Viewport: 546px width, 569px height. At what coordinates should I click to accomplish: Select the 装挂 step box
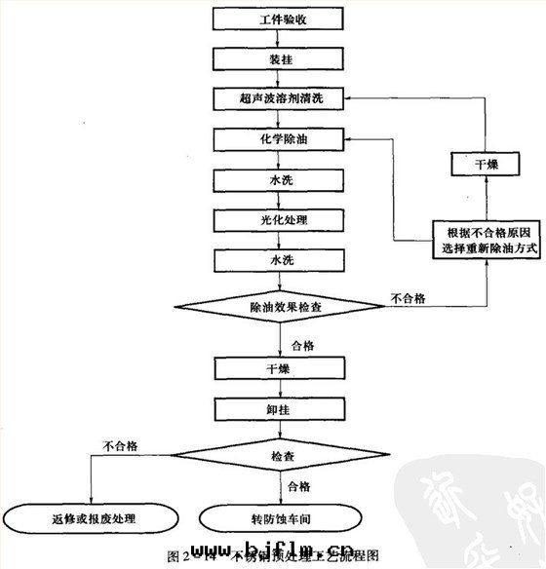click(276, 57)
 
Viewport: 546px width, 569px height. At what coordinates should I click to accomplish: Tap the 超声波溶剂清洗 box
click(276, 98)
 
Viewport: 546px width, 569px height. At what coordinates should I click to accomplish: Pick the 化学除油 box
click(276, 140)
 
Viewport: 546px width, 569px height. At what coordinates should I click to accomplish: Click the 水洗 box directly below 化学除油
click(276, 180)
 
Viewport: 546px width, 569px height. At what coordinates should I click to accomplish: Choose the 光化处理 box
click(276, 220)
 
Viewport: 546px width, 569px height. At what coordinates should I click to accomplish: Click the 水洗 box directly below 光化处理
click(276, 260)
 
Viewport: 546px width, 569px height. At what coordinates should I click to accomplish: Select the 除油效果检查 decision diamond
click(276, 306)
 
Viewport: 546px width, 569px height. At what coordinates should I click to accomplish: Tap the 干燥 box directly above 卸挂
click(276, 368)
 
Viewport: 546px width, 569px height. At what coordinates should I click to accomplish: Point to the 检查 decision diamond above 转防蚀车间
click(276, 454)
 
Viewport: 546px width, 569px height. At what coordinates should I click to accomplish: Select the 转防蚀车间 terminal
click(275, 517)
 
